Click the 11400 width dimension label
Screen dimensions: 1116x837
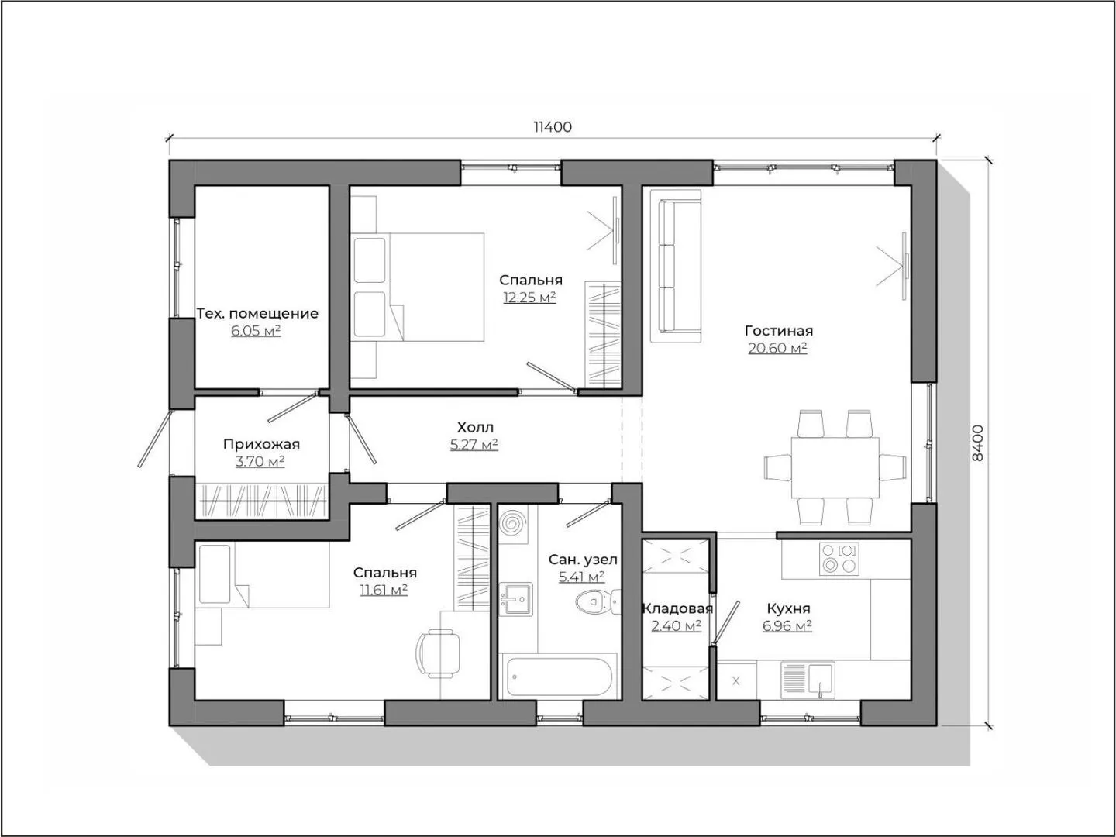(552, 126)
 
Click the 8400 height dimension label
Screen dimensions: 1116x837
(978, 443)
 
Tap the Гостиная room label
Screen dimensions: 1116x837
(779, 331)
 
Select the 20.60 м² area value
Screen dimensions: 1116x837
(778, 348)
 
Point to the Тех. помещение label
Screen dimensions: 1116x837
(257, 314)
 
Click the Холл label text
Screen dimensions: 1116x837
(475, 427)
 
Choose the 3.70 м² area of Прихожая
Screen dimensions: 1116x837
(260, 461)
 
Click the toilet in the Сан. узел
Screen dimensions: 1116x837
(598, 602)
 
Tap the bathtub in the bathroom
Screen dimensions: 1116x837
(560, 677)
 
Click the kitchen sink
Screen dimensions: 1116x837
(808, 680)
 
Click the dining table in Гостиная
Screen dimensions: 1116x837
(835, 467)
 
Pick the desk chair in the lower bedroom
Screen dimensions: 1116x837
(439, 653)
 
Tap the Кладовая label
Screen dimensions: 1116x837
(677, 608)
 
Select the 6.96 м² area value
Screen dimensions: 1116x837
(787, 625)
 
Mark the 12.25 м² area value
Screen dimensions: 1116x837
(530, 298)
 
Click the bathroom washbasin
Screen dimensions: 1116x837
(516, 598)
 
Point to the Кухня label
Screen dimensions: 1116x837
(788, 608)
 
